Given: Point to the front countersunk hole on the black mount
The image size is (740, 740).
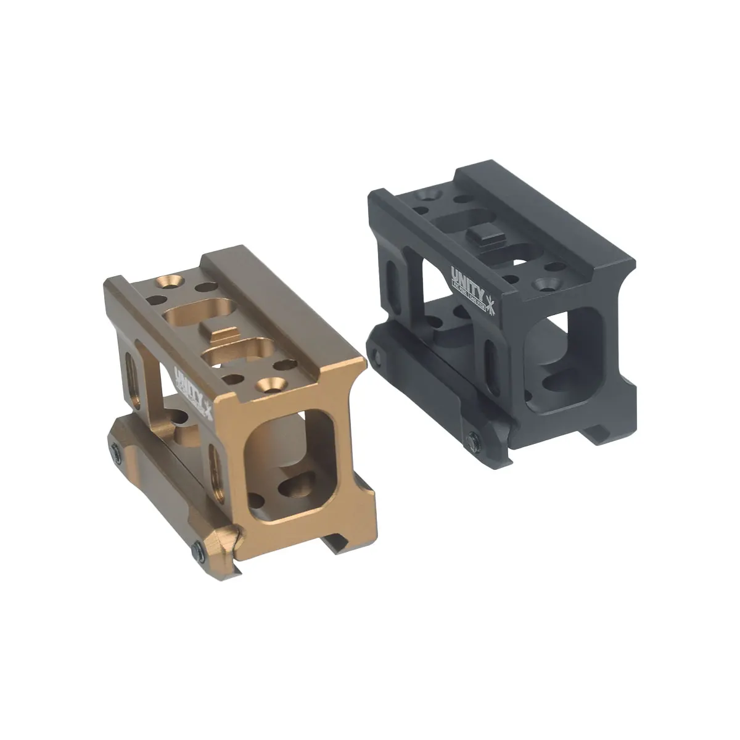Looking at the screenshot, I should (545, 284).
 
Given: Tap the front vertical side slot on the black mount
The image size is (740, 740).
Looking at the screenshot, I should (490, 358).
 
